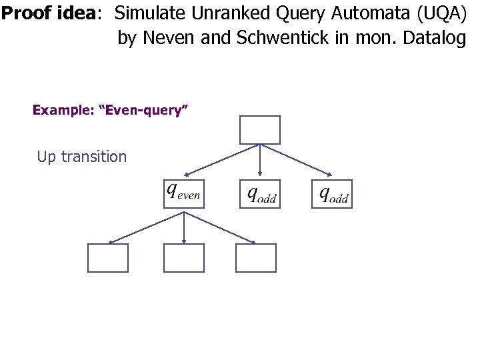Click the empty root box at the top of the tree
[259, 130]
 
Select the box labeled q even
[184, 194]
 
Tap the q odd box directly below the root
[260, 194]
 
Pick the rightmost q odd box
[332, 194]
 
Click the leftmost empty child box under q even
[108, 258]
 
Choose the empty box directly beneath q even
[184, 258]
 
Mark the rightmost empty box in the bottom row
[256, 258]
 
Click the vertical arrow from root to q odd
[260, 162]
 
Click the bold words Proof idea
[48, 14]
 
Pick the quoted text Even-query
[144, 110]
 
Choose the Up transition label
[81, 157]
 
